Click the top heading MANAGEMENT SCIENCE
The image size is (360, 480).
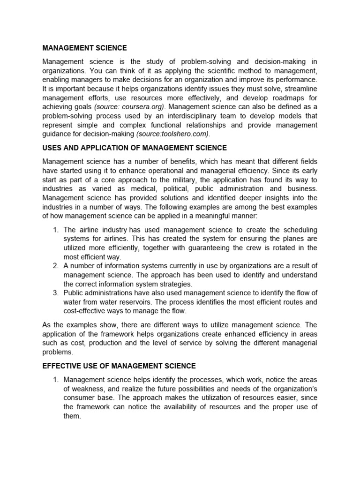pyautogui.click(x=84, y=48)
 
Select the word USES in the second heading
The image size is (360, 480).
pyautogui.click(x=52, y=148)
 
